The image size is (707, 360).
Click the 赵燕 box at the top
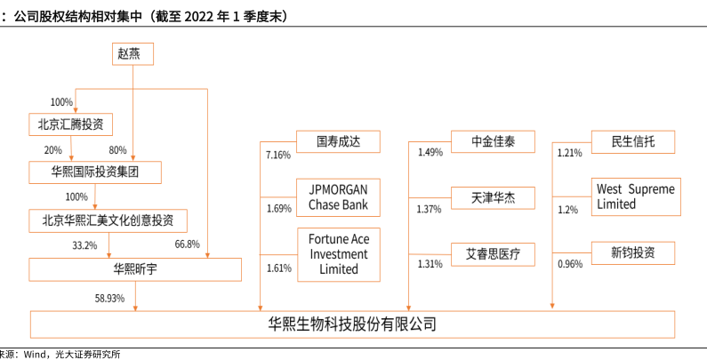coord(133,53)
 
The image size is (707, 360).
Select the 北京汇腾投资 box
coord(71,124)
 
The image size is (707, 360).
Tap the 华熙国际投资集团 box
coord(95,171)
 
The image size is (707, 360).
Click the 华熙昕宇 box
coord(135,268)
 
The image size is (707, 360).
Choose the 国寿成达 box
coord(338,141)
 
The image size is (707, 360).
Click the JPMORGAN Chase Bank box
coord(338,196)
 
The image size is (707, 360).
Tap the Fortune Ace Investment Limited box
coord(338,253)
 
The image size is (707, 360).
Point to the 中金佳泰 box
coord(492,141)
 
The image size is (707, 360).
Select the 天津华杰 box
coord(492,196)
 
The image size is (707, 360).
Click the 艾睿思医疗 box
coord(492,253)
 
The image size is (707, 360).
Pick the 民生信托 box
coord(632,141)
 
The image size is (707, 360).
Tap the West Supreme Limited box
coord(634,196)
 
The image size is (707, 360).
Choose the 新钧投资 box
coord(632,253)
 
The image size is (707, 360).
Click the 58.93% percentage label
coord(109,299)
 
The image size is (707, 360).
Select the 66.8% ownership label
coord(187,244)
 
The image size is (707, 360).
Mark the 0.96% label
coord(569,264)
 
